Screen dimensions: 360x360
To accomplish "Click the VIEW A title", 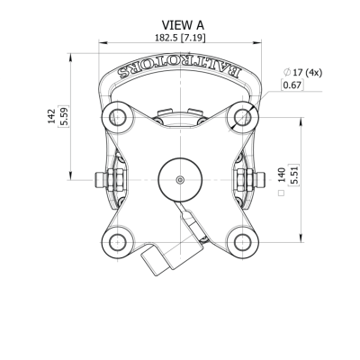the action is (183, 25).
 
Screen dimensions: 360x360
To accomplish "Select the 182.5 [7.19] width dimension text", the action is (180, 38).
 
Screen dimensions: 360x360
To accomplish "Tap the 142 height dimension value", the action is (51, 116).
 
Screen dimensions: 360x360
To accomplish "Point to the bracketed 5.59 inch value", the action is (64, 116).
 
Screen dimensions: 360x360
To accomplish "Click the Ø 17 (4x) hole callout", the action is (302, 72).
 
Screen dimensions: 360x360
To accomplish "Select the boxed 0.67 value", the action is (292, 85).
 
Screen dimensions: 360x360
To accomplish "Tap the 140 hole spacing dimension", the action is (282, 175).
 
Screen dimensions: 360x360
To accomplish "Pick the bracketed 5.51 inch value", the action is (294, 175).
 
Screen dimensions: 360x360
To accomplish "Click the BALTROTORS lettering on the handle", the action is (179, 68).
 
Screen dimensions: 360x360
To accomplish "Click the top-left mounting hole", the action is (118, 116).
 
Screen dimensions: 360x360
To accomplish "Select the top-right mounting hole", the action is (242, 116).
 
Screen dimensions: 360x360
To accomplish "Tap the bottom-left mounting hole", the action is (118, 242).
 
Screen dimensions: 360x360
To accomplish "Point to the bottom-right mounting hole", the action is (242, 242).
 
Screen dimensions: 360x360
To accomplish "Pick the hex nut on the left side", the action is (115, 180).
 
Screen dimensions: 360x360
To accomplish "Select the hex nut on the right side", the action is (245, 180).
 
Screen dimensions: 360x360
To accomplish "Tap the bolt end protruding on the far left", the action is (100, 180).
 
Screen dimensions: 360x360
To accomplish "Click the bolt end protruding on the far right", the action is (260, 180).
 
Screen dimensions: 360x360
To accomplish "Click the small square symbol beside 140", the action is (282, 193).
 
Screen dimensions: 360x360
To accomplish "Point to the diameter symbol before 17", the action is (287, 72).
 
